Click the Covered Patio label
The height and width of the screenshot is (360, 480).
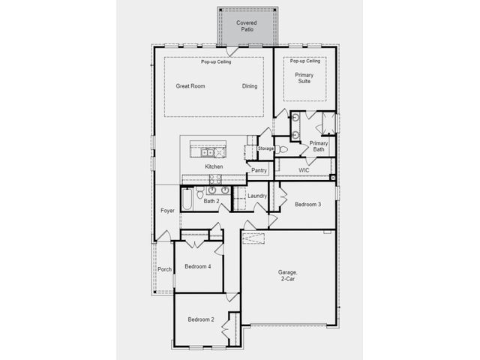point(247,26)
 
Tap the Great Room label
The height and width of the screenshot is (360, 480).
point(190,86)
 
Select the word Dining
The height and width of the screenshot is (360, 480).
point(250,86)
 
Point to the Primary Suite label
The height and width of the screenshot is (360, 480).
point(304,78)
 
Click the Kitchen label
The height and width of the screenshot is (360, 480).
point(214,166)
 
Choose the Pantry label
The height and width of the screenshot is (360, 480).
point(259,170)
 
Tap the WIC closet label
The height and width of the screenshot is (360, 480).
point(304,170)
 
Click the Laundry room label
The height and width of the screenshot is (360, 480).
point(257,196)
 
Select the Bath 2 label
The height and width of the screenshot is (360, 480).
point(211,201)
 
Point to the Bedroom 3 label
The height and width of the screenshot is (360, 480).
point(307,204)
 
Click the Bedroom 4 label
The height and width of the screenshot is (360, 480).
point(198,266)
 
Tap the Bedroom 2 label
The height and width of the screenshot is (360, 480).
point(201,319)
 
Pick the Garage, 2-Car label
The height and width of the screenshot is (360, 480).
point(288,275)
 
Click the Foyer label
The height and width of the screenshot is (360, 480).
point(167,211)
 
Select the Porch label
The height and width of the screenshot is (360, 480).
point(164,269)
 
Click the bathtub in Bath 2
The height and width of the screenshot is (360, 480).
point(187,199)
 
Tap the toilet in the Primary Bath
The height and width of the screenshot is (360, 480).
point(282,150)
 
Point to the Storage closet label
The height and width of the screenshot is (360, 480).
point(265,148)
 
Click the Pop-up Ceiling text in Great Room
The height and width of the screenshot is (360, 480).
point(216,61)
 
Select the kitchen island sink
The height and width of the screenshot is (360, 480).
point(207,151)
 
